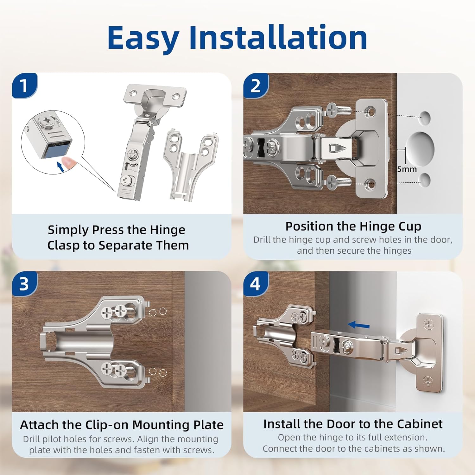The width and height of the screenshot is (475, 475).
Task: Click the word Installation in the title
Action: (x=278, y=38)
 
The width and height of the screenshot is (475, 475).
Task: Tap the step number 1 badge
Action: (x=24, y=85)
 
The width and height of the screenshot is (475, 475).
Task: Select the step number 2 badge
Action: (x=255, y=85)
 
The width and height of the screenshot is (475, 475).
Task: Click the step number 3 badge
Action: (x=24, y=284)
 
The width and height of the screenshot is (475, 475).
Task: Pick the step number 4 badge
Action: (x=255, y=284)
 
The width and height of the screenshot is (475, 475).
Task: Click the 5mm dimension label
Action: (x=407, y=169)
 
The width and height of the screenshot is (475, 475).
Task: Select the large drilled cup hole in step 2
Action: (x=420, y=149)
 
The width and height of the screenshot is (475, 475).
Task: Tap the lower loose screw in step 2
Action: (x=339, y=183)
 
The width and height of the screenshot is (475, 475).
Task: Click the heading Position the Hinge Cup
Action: (x=353, y=226)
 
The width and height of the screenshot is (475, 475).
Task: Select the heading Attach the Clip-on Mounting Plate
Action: (x=122, y=425)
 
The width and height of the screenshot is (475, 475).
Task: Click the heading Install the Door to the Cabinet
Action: (x=353, y=424)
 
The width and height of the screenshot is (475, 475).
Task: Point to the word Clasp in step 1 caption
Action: (x=63, y=245)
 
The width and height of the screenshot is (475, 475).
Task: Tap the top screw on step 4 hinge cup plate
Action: (x=429, y=324)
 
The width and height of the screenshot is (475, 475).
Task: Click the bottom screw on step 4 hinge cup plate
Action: (x=428, y=381)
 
